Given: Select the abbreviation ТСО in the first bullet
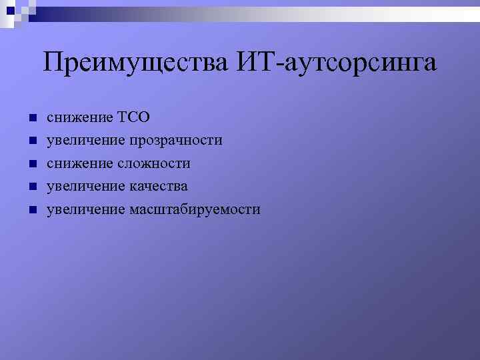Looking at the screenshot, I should point(134,118).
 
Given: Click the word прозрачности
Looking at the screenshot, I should point(176,141).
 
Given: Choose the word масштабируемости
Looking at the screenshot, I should point(195,209).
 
